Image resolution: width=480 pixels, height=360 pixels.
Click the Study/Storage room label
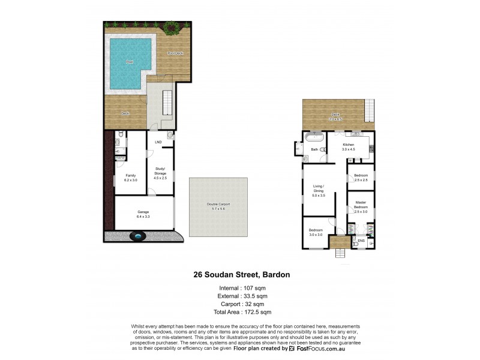160,173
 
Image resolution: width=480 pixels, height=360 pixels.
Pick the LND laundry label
158,142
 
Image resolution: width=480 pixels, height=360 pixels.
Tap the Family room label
130,176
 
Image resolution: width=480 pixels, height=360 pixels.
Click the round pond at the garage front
139,237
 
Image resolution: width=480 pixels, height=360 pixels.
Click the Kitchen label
349,146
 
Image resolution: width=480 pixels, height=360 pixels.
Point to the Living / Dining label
318,191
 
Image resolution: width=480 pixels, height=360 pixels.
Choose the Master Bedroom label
361,207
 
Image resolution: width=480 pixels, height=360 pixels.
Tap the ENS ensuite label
361,241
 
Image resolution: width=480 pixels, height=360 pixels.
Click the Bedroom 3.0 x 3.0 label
316,232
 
